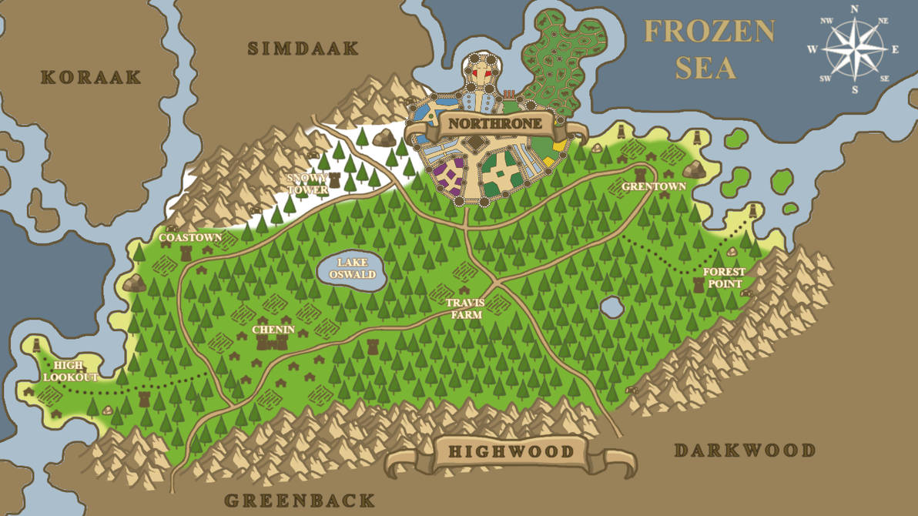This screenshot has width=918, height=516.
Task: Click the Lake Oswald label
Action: tap(352, 269)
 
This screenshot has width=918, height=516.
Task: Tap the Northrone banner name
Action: tap(485, 124)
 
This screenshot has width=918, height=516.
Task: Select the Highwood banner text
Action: tap(511, 452)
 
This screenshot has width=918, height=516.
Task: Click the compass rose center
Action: tap(854, 49)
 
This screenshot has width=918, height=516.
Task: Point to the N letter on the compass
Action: tap(854, 9)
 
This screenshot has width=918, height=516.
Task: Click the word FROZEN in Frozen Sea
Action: tap(709, 32)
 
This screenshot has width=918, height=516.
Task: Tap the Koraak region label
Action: tap(91, 77)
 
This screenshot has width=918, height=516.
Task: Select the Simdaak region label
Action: tap(303, 49)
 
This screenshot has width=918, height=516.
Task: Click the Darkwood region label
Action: tap(744, 451)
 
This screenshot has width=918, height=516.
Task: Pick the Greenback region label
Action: tap(300, 501)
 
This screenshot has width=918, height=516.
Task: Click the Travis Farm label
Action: tap(465, 308)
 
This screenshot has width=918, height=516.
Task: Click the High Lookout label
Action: tap(70, 372)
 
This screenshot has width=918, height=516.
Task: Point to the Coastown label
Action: tap(190, 238)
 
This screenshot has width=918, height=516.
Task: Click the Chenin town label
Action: tap(273, 330)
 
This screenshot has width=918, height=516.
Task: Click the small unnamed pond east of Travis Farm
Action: tap(611, 307)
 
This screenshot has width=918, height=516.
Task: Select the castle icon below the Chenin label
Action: tap(272, 343)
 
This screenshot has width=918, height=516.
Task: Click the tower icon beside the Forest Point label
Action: tap(699, 283)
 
